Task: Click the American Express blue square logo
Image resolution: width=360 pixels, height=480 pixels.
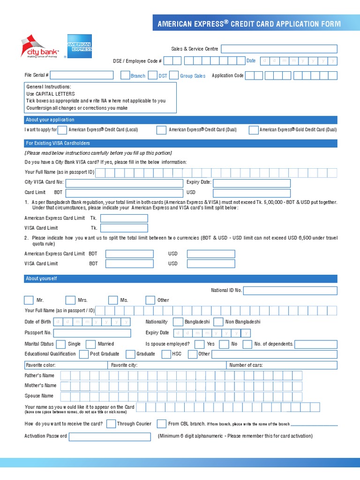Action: coord(79,46)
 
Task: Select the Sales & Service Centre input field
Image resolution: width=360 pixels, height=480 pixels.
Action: coord(279,49)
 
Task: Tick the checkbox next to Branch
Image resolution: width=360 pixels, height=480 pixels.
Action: coord(125,75)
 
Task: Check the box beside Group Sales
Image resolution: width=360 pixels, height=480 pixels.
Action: coord(173,75)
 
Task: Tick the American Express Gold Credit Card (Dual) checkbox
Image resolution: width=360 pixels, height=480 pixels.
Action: coord(253,130)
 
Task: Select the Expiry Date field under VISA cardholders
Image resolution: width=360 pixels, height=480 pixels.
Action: coord(251,183)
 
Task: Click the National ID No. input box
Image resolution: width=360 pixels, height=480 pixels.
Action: coord(290,291)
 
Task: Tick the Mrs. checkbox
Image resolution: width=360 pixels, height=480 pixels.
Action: coord(70,300)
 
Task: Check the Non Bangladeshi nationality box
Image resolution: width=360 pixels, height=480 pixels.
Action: coord(218,322)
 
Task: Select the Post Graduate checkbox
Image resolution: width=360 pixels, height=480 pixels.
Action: coord(84,354)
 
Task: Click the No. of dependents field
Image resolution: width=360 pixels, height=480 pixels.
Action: coord(315,344)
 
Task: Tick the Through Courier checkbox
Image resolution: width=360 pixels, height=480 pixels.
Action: coord(111,424)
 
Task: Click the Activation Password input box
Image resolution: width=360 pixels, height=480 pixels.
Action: coord(110,436)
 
